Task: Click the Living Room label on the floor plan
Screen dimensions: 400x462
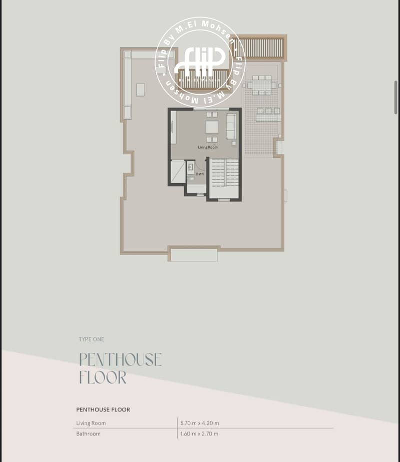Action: pos(208,147)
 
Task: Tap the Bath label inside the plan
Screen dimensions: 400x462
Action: pos(200,174)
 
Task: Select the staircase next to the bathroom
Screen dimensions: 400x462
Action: pos(225,173)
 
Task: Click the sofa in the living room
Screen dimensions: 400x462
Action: pos(231,127)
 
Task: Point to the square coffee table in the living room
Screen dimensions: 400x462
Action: pos(212,127)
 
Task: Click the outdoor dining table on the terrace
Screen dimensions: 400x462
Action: pos(261,86)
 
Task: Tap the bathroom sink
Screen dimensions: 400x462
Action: pos(191,167)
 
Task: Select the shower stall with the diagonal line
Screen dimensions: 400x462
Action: pos(178,172)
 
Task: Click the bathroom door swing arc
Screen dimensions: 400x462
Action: pos(202,167)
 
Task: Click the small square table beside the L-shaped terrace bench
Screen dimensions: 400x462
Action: pos(141,90)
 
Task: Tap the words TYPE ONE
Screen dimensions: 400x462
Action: pos(92,339)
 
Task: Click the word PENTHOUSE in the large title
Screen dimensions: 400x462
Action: pos(121,359)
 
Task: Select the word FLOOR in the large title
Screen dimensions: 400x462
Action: pos(103,377)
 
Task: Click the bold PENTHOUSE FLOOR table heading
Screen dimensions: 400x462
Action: pos(103,409)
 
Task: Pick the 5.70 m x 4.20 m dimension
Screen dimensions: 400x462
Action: pos(200,423)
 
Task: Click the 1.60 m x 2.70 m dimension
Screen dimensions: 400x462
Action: pos(199,433)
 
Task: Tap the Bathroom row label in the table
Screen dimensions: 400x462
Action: pos(89,433)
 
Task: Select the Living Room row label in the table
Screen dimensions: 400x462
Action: pos(91,423)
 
